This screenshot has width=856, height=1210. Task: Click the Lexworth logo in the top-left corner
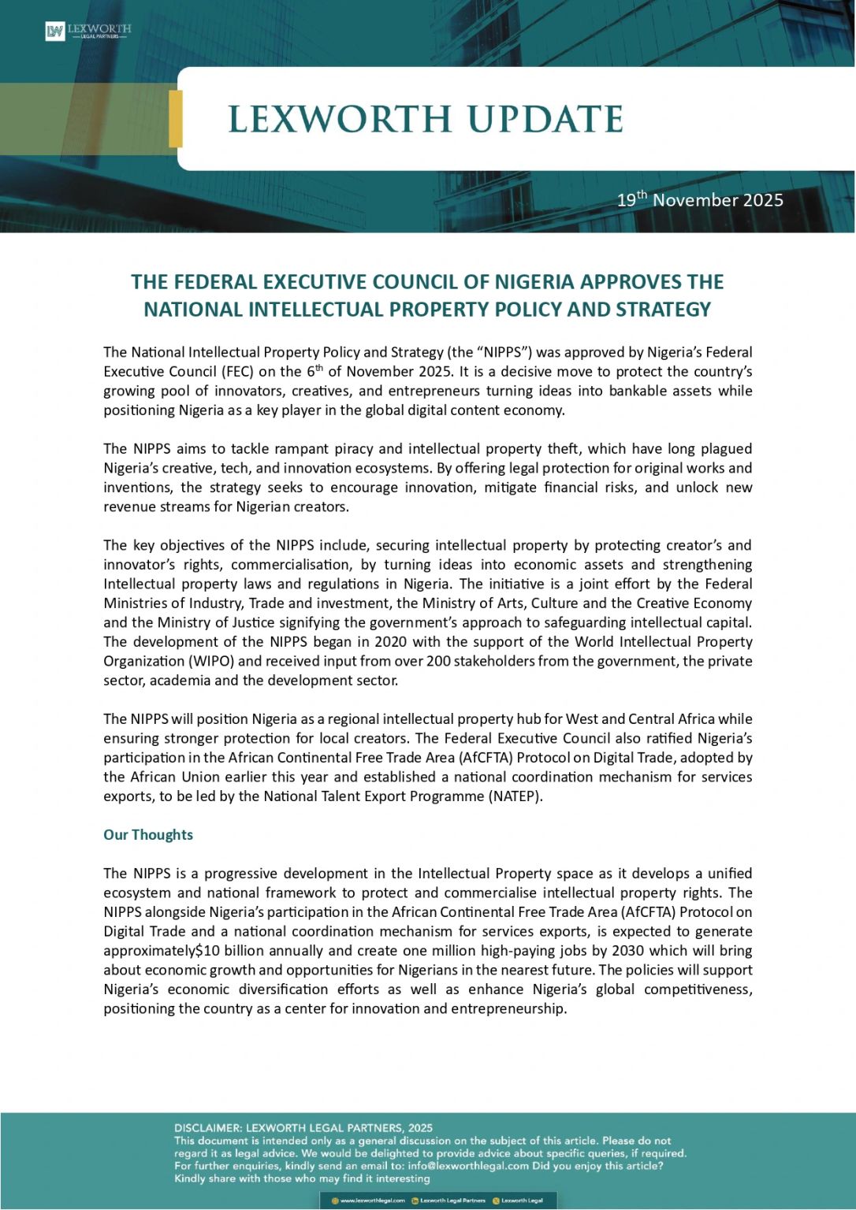87,32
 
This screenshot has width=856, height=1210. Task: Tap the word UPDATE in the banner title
545,120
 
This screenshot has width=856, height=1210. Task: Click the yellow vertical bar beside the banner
176,119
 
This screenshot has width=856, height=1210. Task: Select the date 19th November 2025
700,199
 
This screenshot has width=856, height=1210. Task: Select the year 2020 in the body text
390,642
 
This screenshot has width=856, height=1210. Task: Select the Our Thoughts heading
148,835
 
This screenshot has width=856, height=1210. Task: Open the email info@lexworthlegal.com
468,1166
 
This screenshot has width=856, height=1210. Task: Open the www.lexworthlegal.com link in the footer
372,1201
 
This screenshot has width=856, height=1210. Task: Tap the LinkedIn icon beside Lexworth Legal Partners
415,1201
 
